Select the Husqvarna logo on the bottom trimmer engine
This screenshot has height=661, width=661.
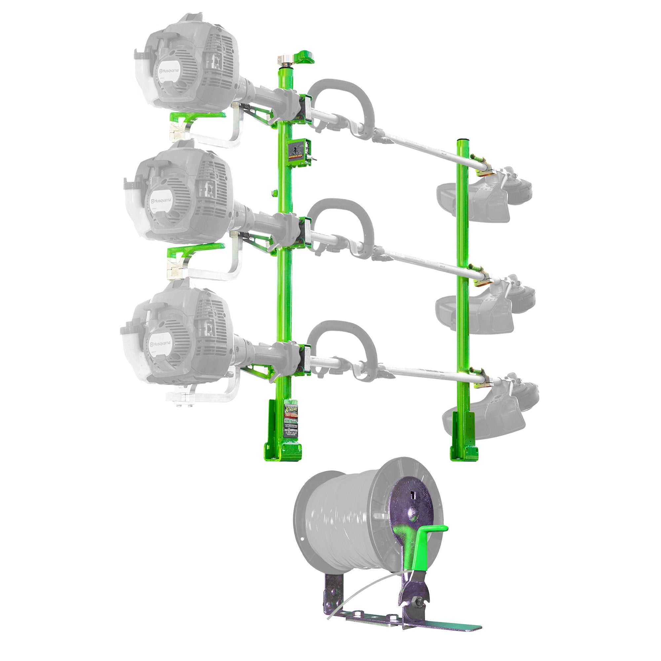[x=160, y=343]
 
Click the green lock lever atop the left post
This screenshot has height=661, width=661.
[x=306, y=57]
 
